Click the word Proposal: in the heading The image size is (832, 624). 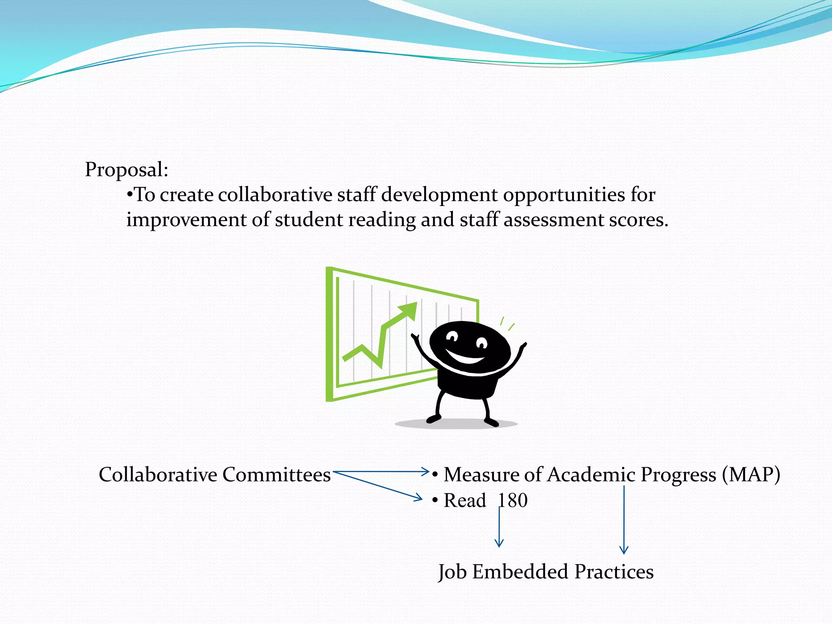pos(126,170)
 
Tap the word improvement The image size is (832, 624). pos(186,220)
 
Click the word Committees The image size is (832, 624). pos(276,474)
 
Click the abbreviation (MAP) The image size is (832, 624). pos(751,474)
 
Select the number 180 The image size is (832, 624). pos(513,500)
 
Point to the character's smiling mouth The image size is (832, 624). pos(466,358)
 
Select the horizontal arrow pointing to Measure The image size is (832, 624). pos(382,472)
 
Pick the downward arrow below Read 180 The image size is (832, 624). pos(499,528)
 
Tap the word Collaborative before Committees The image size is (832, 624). pos(158,474)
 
